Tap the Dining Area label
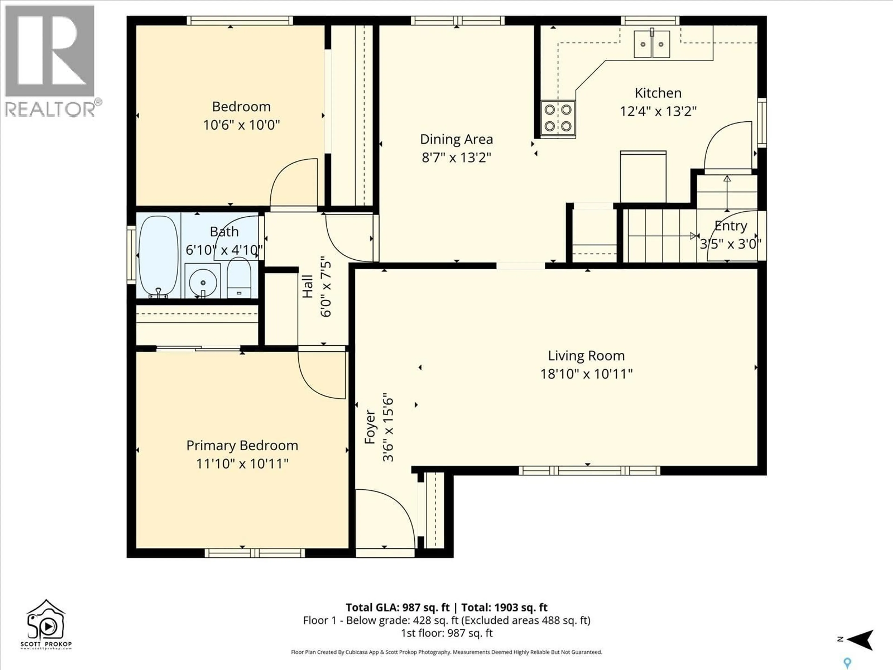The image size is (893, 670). (456, 139)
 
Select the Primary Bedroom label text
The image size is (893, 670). (242, 446)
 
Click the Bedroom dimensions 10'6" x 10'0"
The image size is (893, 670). (241, 125)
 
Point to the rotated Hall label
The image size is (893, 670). (308, 287)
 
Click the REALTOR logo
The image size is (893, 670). (50, 60)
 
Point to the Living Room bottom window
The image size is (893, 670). (590, 470)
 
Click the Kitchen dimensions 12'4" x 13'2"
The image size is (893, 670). (658, 111)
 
